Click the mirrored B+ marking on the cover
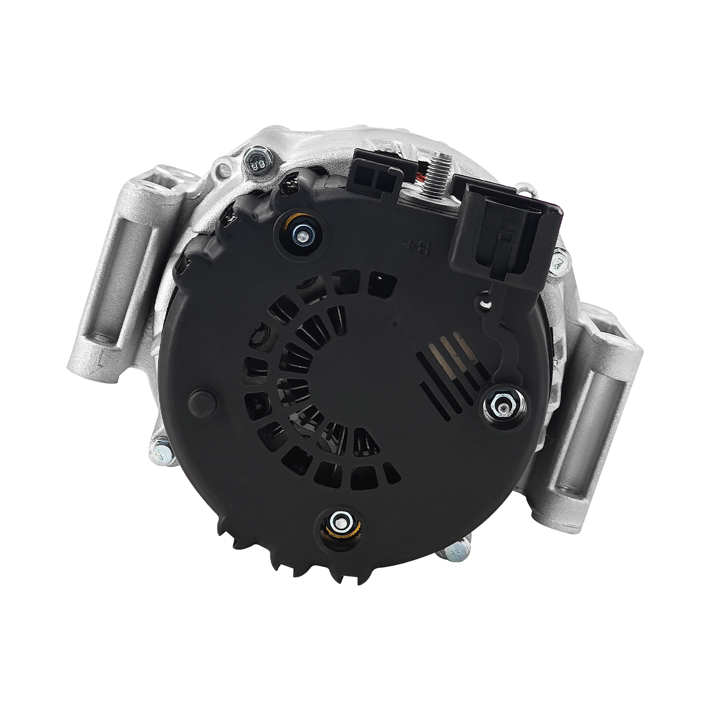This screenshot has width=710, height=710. click(418, 245)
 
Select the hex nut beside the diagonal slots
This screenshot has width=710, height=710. click(503, 405)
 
